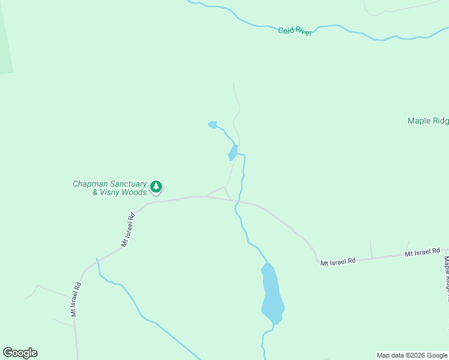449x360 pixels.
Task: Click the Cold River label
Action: pyautogui.click(x=295, y=31)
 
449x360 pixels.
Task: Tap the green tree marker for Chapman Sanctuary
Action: pyautogui.click(x=156, y=187)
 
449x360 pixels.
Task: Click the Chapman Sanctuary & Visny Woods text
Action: pyautogui.click(x=110, y=188)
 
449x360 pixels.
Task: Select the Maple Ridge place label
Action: pyautogui.click(x=427, y=121)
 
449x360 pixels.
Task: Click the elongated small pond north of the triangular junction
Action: pyautogui.click(x=233, y=153)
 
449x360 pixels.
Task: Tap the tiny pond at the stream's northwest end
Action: pyautogui.click(x=212, y=125)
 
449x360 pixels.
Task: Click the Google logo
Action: pyautogui.click(x=20, y=353)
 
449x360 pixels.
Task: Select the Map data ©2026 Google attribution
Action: pyautogui.click(x=412, y=355)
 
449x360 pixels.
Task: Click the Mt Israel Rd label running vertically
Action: pyautogui.click(x=74, y=300)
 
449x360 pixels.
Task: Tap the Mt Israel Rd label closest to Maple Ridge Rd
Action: pyautogui.click(x=423, y=253)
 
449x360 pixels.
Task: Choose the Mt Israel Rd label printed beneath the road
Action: pyautogui.click(x=338, y=262)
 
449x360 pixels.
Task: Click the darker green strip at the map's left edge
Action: pyautogui.click(x=5, y=42)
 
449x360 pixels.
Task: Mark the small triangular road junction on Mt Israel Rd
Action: pyautogui.click(x=225, y=193)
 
